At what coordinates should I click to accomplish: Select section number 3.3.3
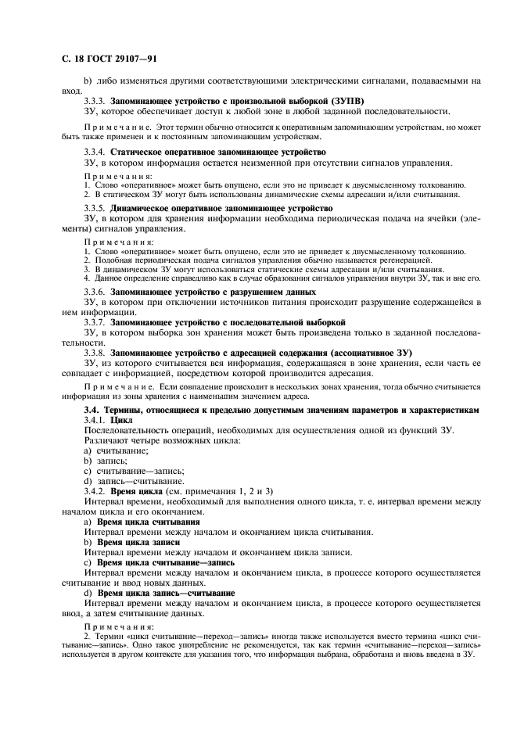point(95,102)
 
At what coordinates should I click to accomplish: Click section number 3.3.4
point(95,152)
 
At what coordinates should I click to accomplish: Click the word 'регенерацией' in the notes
point(399,260)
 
